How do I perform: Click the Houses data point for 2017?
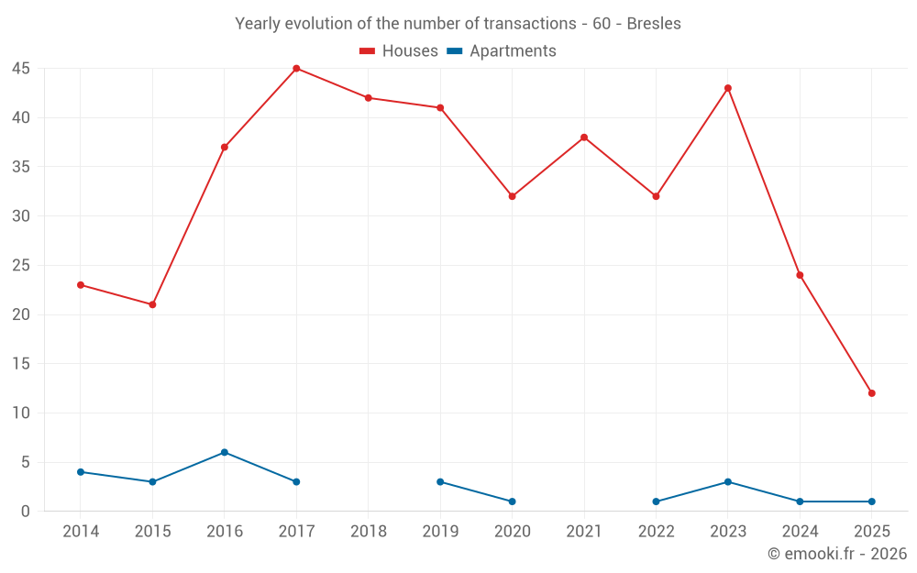[x=296, y=69]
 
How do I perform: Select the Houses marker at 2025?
[x=872, y=393]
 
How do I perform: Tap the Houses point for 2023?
[x=728, y=88]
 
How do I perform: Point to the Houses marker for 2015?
[x=152, y=304]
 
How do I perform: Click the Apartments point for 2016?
[x=225, y=452]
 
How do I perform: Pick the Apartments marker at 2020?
[x=512, y=501]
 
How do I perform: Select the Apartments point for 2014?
[x=81, y=472]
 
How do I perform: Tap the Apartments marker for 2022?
[x=656, y=501]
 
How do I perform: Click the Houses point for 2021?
[x=584, y=138]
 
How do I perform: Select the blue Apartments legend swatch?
[x=454, y=51]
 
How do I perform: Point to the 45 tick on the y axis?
[x=21, y=69]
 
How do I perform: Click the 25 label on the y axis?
[x=21, y=266]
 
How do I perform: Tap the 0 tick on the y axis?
[x=26, y=512]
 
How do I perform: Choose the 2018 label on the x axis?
[x=369, y=532]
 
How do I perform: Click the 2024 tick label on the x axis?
[x=800, y=532]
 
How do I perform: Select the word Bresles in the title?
[x=654, y=24]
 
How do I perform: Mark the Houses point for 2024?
[x=800, y=275]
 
